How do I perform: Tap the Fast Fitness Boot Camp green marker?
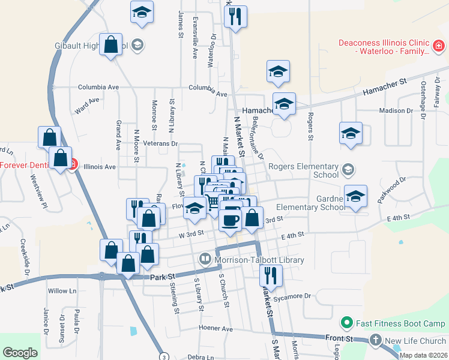[346, 323]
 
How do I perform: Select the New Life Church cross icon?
[376, 341]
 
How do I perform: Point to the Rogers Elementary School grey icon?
[348, 170]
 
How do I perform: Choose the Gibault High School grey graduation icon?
[137, 45]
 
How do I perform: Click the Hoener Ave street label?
[215, 329]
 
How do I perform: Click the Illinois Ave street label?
[100, 167]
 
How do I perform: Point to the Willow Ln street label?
[62, 291]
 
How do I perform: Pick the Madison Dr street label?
[396, 111]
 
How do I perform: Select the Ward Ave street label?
[86, 106]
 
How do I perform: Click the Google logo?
[20, 353]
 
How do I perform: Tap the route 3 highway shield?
[163, 356]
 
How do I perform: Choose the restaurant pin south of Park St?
[271, 276]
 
